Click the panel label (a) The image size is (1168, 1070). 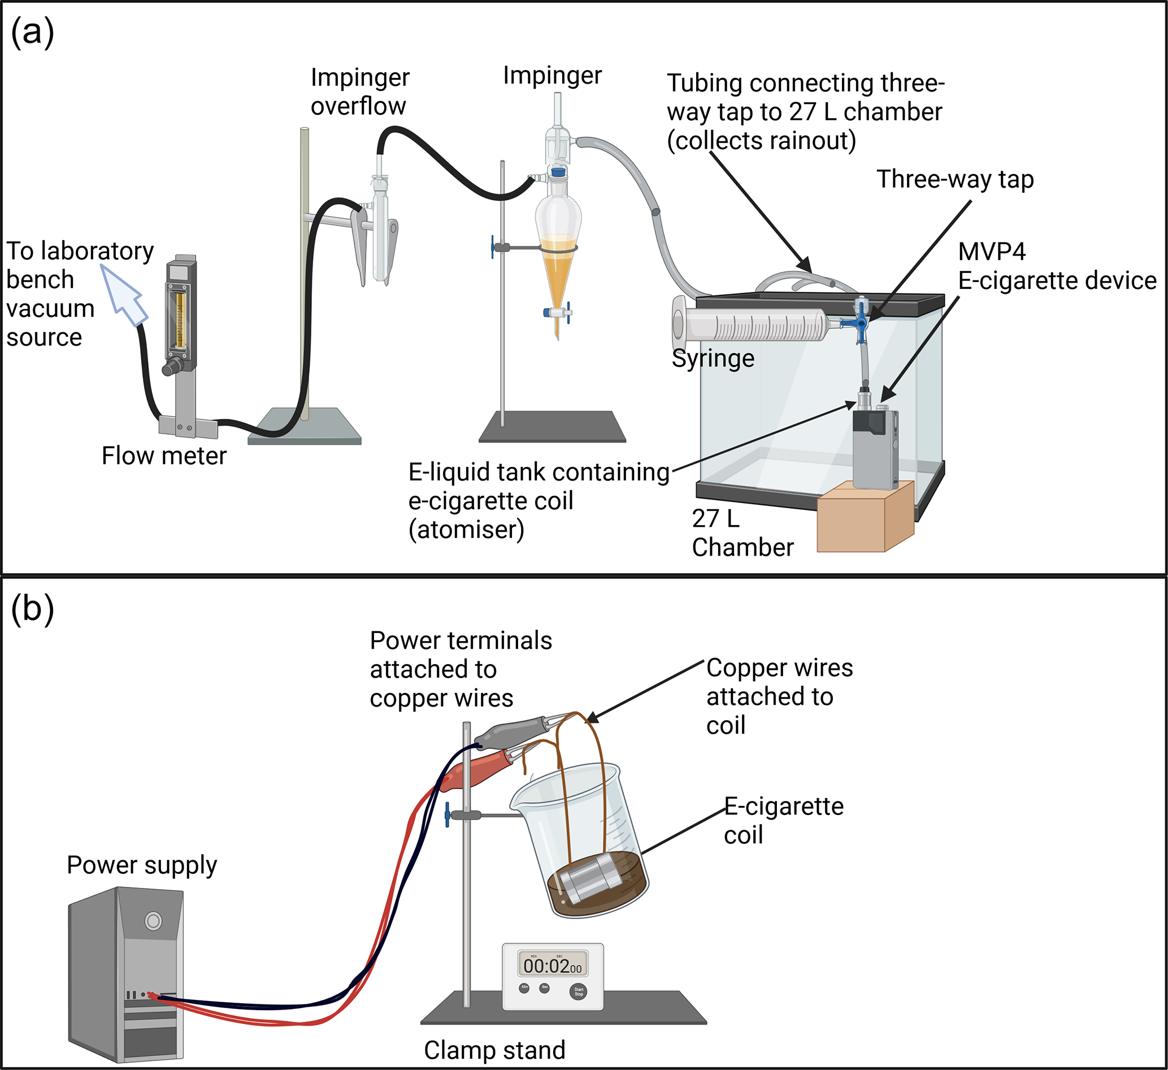[x=32, y=32]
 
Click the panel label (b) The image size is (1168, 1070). [x=32, y=609]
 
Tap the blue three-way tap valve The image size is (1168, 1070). [x=862, y=323]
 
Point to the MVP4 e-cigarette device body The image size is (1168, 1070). [x=875, y=449]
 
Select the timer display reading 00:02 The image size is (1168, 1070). [x=552, y=965]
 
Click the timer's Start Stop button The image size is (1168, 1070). [x=578, y=992]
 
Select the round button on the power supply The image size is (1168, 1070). [x=153, y=920]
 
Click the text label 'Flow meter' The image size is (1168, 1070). [x=164, y=456]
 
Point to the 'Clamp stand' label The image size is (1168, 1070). [x=494, y=1050]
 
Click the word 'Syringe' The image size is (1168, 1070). [x=713, y=359]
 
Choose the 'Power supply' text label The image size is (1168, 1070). [x=142, y=865]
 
